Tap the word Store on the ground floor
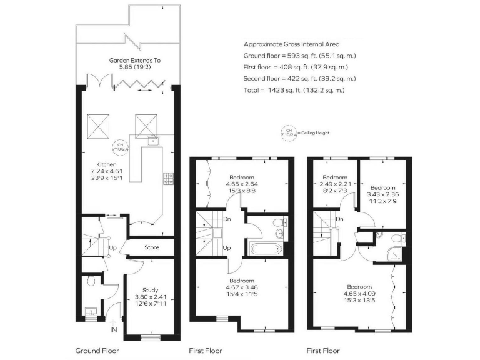click(x=152, y=247)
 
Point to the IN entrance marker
click(x=114, y=329)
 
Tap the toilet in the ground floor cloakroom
click(x=91, y=281)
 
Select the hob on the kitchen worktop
click(x=167, y=179)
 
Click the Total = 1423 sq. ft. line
click(x=294, y=90)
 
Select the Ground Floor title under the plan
click(x=97, y=351)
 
